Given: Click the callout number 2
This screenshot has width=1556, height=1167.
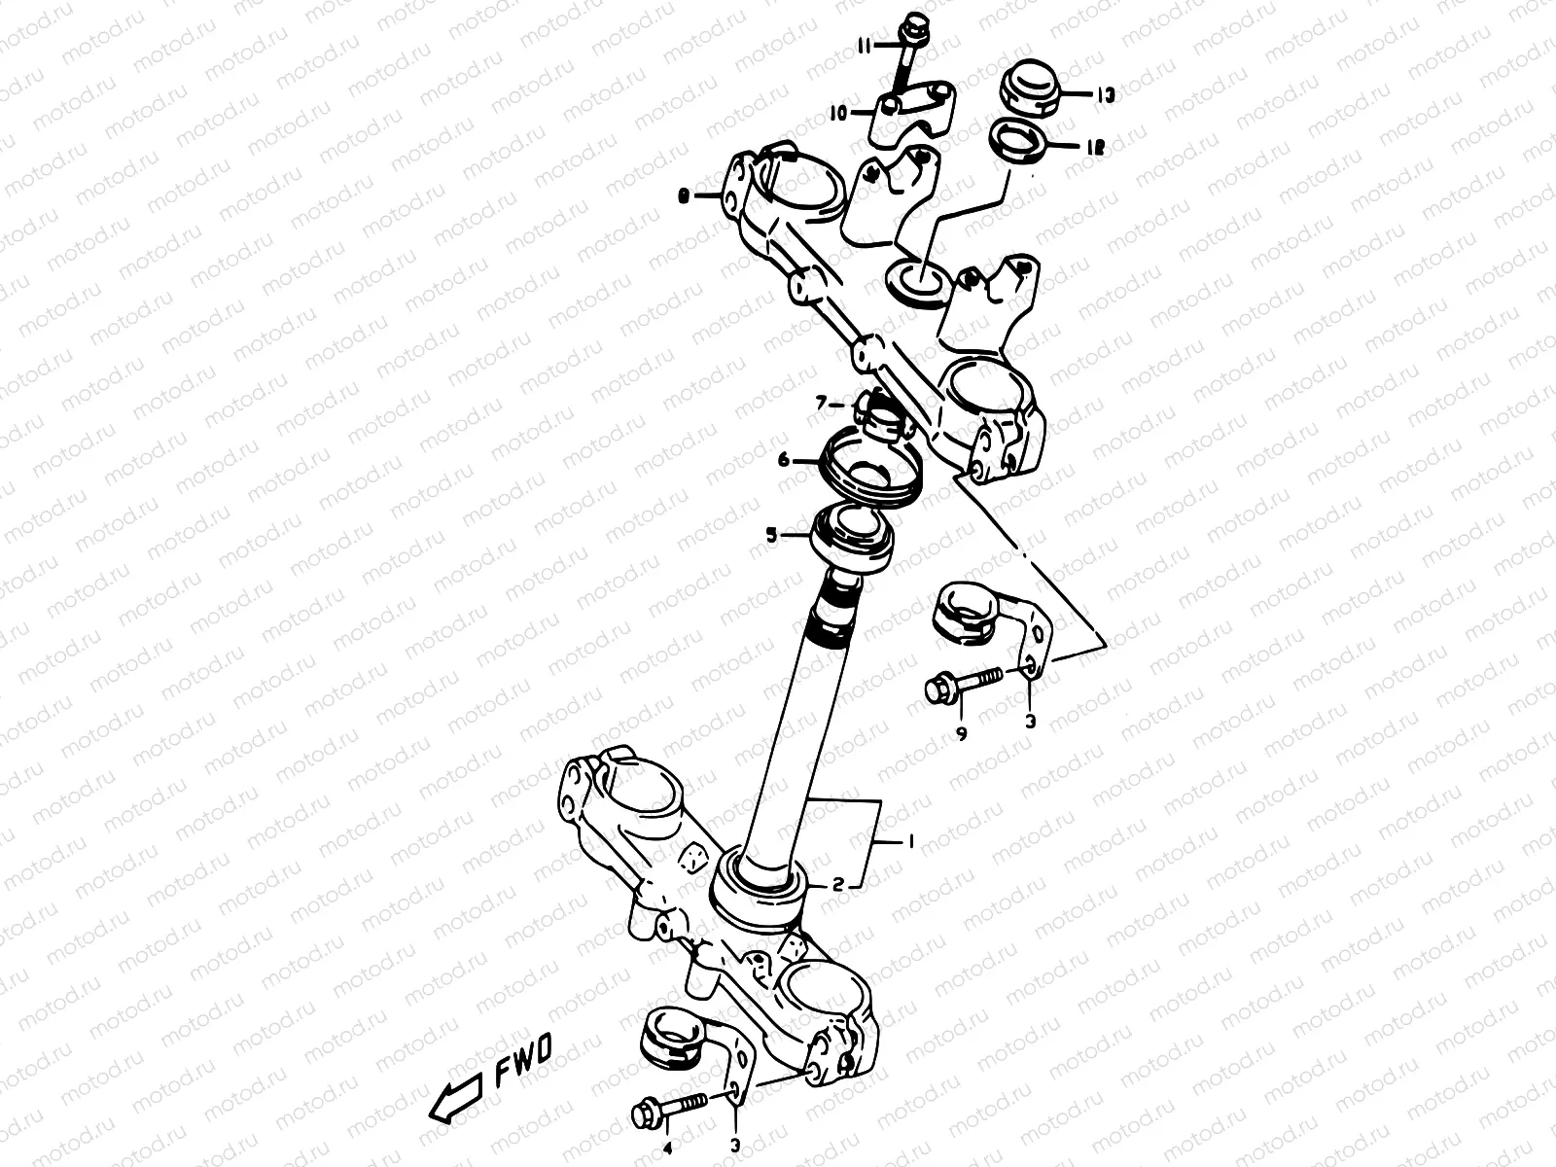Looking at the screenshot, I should (x=836, y=884).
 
